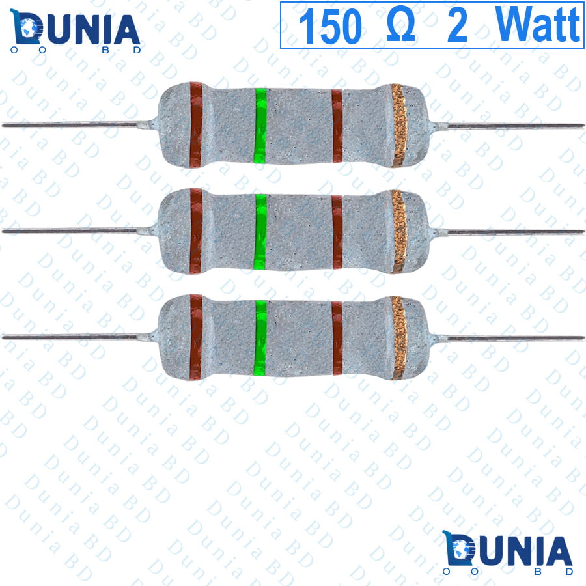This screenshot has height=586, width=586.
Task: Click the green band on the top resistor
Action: tap(260, 125)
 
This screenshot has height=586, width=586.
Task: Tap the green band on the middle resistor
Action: tap(260, 231)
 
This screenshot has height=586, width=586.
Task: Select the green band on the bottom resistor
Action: tap(260, 337)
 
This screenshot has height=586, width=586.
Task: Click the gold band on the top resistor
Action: tap(398, 125)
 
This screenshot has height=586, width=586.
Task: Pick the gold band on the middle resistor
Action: tap(398, 231)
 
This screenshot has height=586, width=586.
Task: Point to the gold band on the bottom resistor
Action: tap(398, 337)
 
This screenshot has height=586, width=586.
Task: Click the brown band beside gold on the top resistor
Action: tap(337, 126)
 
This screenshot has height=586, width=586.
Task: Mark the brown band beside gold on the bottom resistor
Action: tap(337, 338)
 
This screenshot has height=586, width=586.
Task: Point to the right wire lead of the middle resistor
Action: tap(514, 232)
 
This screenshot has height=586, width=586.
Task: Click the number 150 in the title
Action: tap(329, 26)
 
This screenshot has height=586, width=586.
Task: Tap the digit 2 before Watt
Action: tap(457, 26)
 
